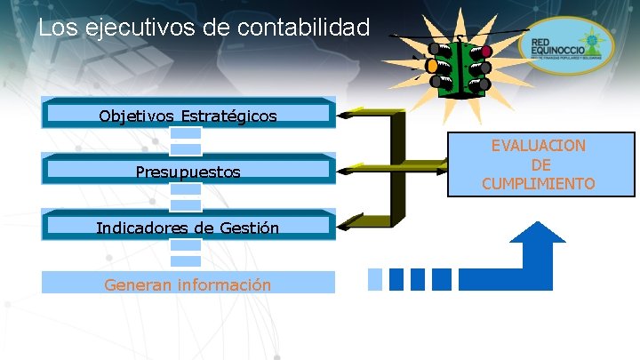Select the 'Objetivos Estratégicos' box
tap(188, 116)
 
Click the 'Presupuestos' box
tap(188, 172)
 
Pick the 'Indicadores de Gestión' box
tap(188, 228)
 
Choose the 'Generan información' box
tap(188, 284)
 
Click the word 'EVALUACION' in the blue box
tap(539, 146)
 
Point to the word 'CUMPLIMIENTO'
tap(539, 184)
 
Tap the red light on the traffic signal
tap(485, 52)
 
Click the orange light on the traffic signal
tap(433, 66)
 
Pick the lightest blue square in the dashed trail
tap(375, 278)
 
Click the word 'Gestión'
tap(250, 228)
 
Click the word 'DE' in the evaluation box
tap(539, 165)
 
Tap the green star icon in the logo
tap(588, 39)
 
